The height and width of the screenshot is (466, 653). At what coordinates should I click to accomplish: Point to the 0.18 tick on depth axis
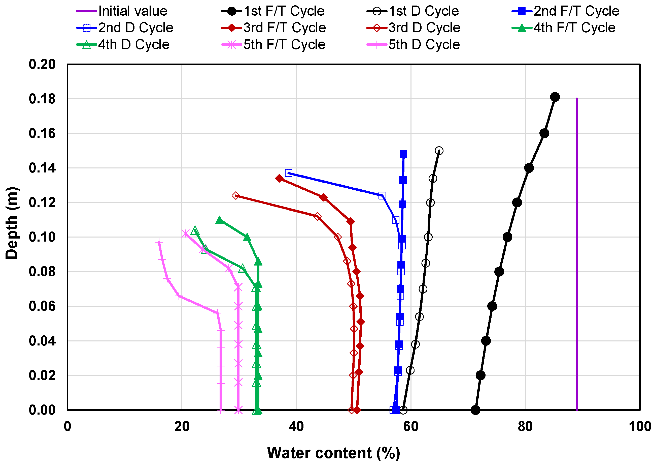click(x=42, y=99)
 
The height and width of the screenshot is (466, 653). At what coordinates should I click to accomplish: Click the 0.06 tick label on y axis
click(x=42, y=306)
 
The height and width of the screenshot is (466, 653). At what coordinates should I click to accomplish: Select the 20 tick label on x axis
click(x=182, y=427)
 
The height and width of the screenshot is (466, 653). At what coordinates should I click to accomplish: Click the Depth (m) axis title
click(x=12, y=223)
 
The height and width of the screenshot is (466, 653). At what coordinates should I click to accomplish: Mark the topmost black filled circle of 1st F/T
click(x=555, y=97)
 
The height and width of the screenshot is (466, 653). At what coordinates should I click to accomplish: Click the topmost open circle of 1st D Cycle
click(x=439, y=151)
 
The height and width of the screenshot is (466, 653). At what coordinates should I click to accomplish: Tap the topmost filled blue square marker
click(x=403, y=154)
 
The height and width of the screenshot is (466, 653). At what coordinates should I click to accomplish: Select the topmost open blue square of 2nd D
click(x=289, y=173)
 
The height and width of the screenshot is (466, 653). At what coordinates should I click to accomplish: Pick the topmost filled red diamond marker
click(x=279, y=179)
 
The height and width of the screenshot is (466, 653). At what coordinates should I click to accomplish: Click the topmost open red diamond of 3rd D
click(x=235, y=196)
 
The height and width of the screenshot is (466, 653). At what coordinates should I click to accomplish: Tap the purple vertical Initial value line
click(x=576, y=258)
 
